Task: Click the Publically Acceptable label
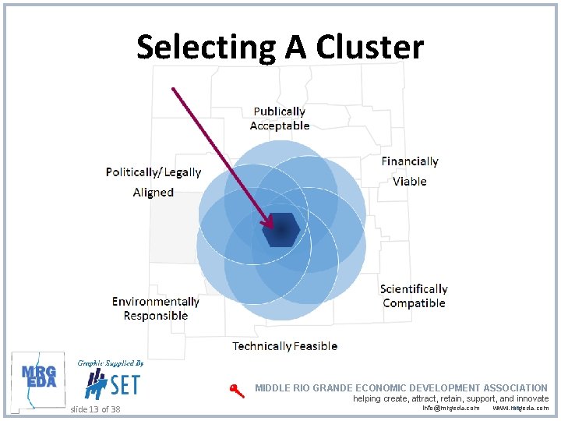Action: pyautogui.click(x=279, y=119)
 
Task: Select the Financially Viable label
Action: pyautogui.click(x=410, y=171)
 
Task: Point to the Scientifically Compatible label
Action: pyautogui.click(x=414, y=296)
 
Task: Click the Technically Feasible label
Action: pyautogui.click(x=284, y=346)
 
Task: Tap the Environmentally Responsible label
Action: pyautogui.click(x=156, y=309)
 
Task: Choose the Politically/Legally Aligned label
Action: pyautogui.click(x=153, y=182)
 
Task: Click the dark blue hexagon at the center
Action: pyautogui.click(x=280, y=229)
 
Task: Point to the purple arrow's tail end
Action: pyautogui.click(x=173, y=88)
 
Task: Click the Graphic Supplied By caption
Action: pyautogui.click(x=110, y=363)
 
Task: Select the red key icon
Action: pyautogui.click(x=236, y=391)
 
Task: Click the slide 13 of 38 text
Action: pyautogui.click(x=95, y=409)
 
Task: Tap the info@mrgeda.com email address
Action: pyautogui.click(x=450, y=408)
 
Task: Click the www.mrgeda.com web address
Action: pyautogui.click(x=520, y=408)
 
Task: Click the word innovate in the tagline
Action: pyautogui.click(x=530, y=398)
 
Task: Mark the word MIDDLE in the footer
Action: pyautogui.click(x=273, y=387)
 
